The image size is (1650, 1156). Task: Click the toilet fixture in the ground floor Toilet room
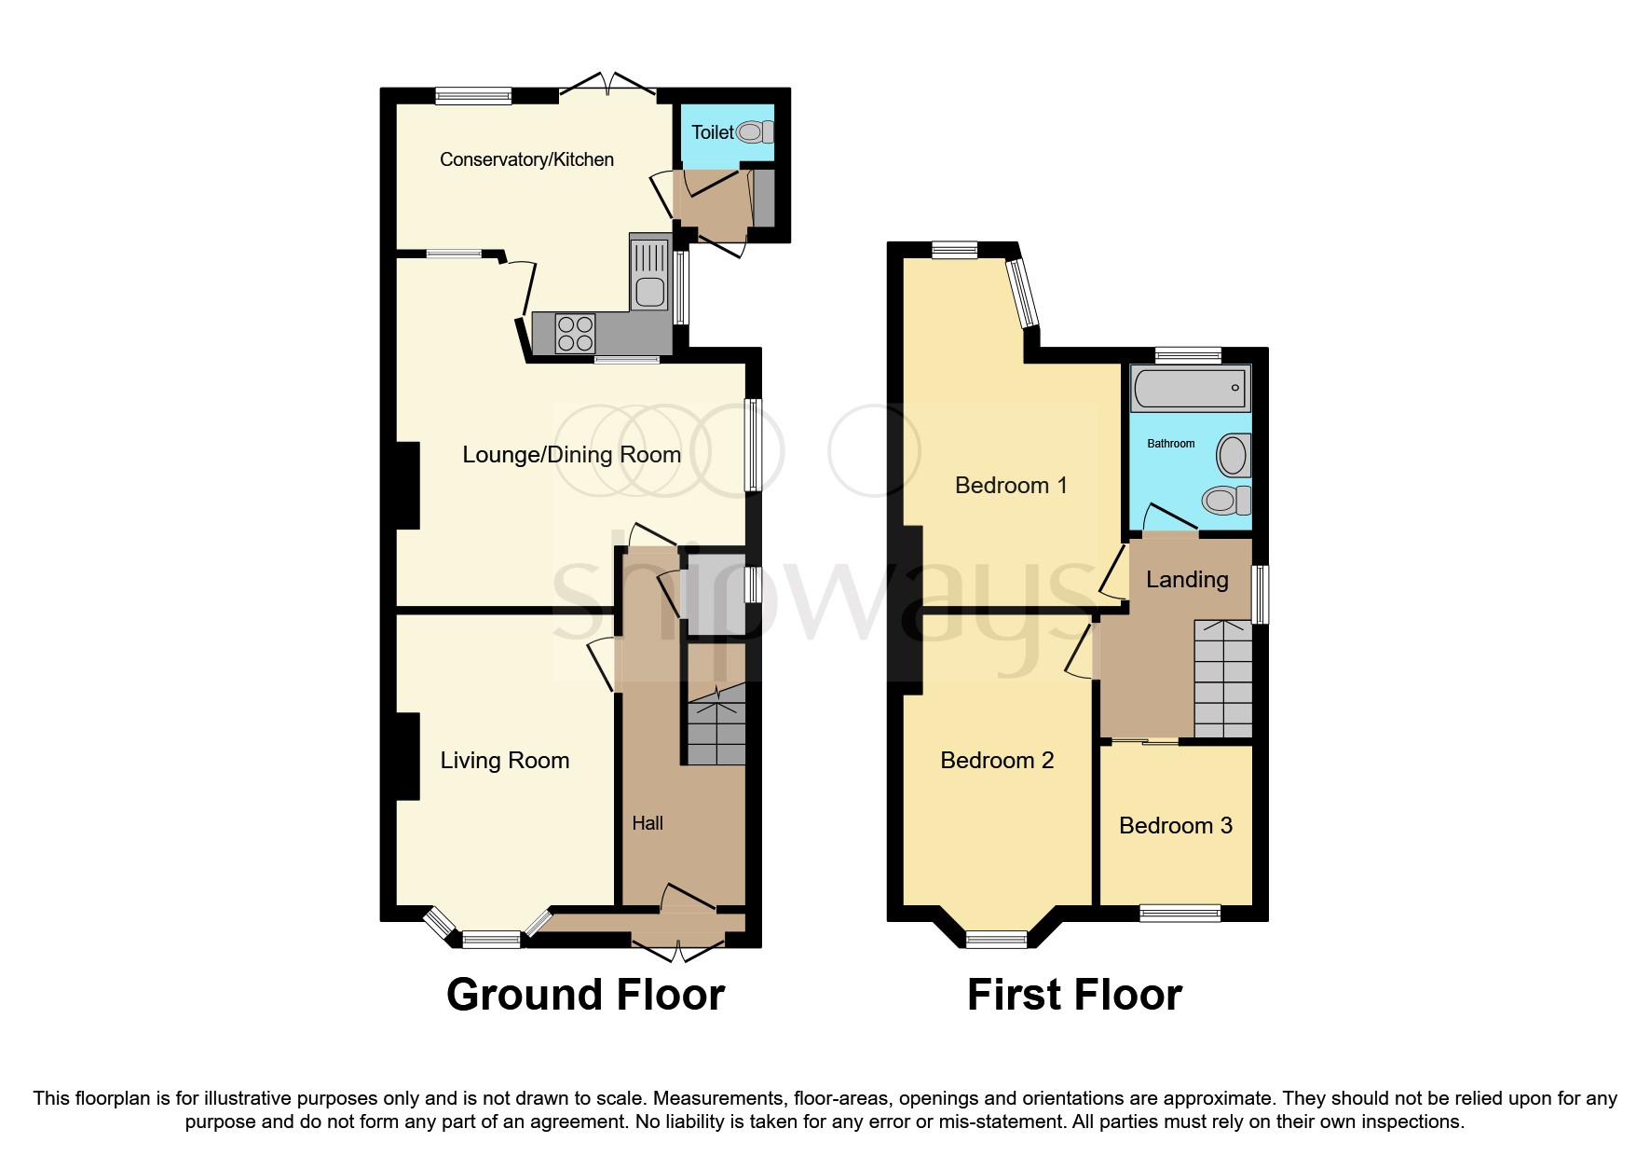click(755, 132)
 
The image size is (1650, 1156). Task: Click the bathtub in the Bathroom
click(1190, 388)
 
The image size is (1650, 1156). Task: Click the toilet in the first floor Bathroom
click(1226, 501)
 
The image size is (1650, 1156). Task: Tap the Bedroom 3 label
click(1175, 825)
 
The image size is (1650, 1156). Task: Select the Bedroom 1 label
click(1011, 485)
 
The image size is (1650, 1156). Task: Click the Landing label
click(1186, 580)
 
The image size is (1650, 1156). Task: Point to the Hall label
click(648, 823)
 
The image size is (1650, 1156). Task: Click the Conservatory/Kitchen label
click(526, 159)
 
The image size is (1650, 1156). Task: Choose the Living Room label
click(504, 761)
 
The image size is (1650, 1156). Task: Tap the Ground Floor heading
click(585, 995)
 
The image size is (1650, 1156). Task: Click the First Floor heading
click(1074, 995)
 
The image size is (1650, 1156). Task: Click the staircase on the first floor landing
click(1222, 679)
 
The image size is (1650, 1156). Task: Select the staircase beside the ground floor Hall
click(716, 724)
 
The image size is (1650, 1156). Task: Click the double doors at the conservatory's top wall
click(607, 87)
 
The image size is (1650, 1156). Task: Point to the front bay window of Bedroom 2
click(996, 939)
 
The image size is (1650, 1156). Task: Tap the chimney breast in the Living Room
click(406, 756)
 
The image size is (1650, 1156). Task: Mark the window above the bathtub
click(1188, 355)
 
